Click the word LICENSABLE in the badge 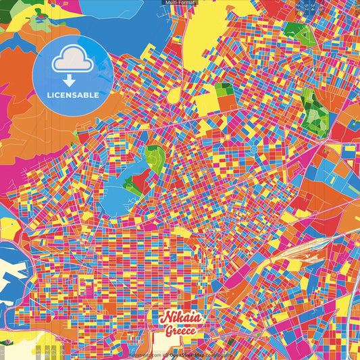[x=73, y=95]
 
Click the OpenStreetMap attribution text [x=188, y=354]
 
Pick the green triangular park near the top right [x=295, y=30]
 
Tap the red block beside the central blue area [x=143, y=180]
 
